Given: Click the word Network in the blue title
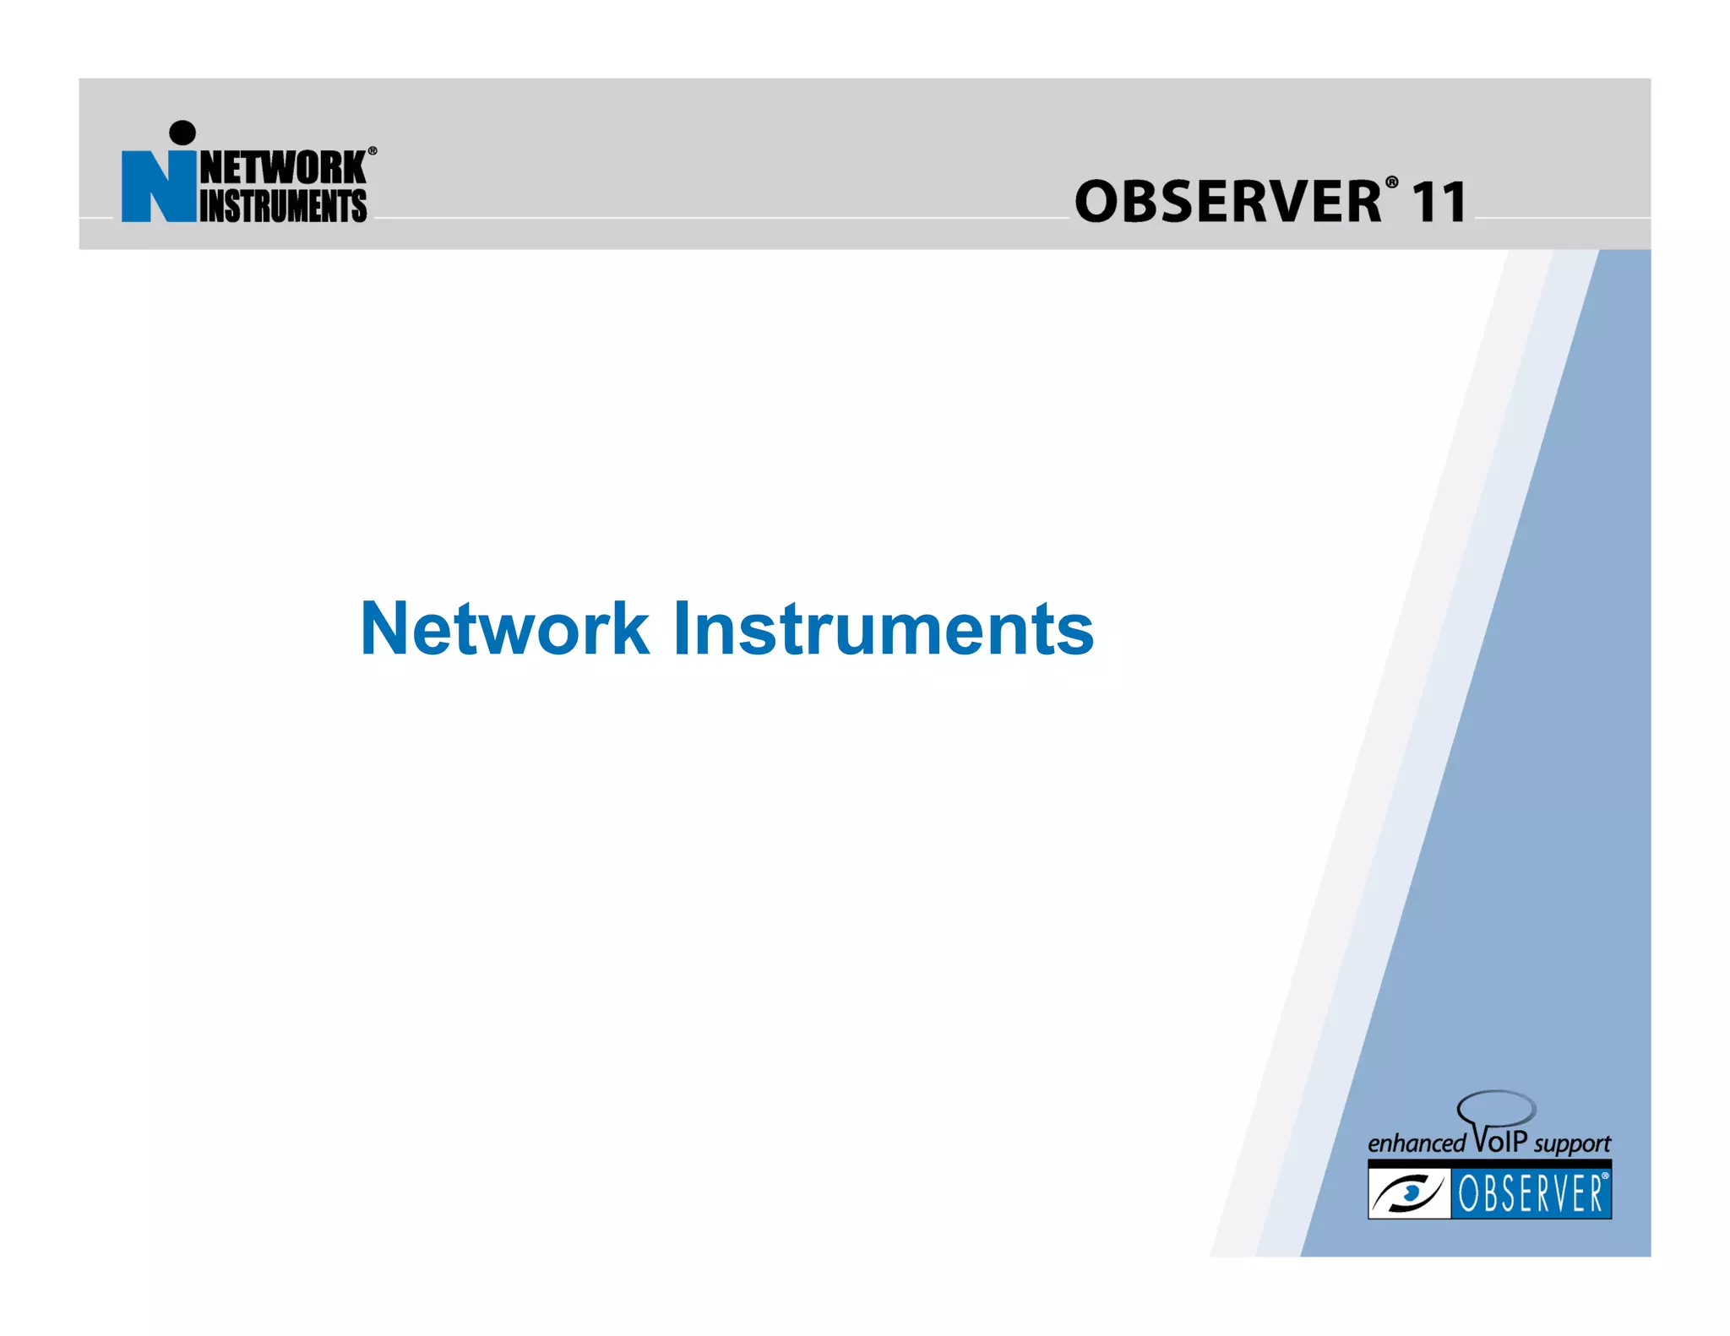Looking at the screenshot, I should click(504, 629).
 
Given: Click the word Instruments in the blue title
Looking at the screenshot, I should click(883, 629).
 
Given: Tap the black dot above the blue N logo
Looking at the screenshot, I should click(182, 133).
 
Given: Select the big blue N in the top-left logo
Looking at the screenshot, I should click(157, 187).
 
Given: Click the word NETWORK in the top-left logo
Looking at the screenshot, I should click(282, 167).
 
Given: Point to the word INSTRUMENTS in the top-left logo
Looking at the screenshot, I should click(282, 206).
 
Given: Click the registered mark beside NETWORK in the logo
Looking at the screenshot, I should click(373, 151).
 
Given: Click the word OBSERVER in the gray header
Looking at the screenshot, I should click(1227, 203).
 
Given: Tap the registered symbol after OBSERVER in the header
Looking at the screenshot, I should click(1391, 182).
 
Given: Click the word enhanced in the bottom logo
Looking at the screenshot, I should click(1416, 1143).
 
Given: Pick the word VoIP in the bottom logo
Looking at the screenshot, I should click(1500, 1140).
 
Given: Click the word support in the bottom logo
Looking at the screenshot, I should click(1572, 1144).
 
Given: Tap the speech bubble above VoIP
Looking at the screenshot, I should click(1497, 1107).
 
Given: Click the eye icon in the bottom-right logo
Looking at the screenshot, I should click(1408, 1193).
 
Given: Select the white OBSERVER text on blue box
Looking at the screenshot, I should click(1531, 1194).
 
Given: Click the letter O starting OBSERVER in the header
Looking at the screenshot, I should click(1096, 203).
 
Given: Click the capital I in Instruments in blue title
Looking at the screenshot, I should click(682, 629).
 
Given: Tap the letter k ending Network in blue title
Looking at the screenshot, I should click(631, 629).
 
